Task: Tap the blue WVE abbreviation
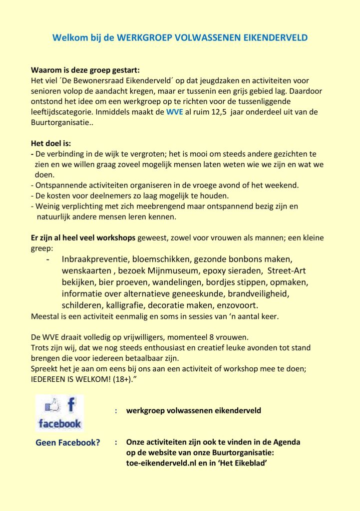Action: pyautogui.click(x=175, y=112)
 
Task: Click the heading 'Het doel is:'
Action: pyautogui.click(x=52, y=144)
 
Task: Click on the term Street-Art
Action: pyautogui.click(x=287, y=270)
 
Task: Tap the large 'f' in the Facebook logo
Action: pyautogui.click(x=71, y=404)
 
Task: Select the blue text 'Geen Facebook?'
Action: pyautogui.click(x=68, y=442)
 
